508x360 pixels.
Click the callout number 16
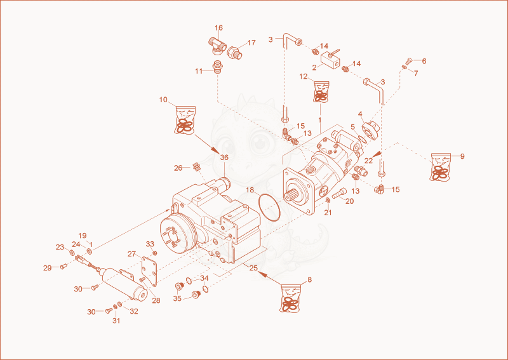tap(218, 28)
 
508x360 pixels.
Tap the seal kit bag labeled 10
tap(185, 119)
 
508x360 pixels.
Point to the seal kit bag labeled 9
tap(440, 166)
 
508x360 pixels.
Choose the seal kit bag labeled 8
tap(291, 298)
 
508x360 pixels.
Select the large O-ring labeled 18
tap(269, 208)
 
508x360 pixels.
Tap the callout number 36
tap(224, 157)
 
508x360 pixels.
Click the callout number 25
tap(253, 268)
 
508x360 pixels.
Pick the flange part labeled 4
tap(370, 130)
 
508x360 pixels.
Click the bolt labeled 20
tap(339, 194)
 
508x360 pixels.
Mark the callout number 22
tap(368, 161)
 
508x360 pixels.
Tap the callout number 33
tap(150, 244)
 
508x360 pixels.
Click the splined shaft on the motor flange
tap(291, 197)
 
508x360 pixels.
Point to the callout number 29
tap(47, 268)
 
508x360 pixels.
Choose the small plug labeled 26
tap(196, 166)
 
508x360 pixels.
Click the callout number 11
tap(199, 71)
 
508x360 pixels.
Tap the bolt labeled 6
tap(409, 60)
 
